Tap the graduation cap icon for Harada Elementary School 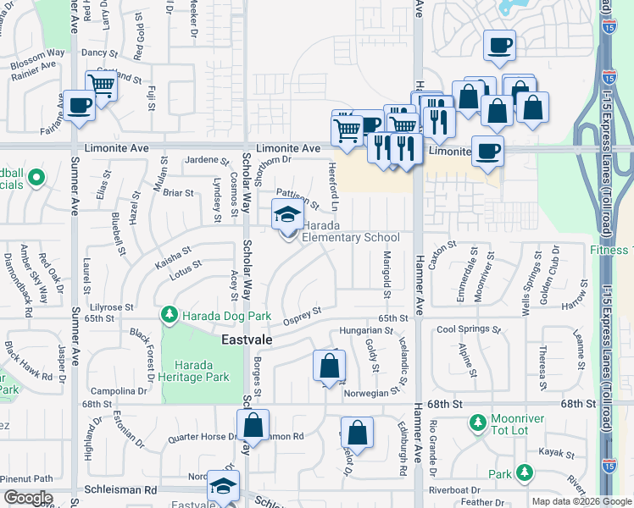pyautogui.click(x=287, y=215)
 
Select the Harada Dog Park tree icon pyautogui.click(x=170, y=317)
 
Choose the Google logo pyautogui.click(x=27, y=498)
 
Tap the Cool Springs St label pyautogui.click(x=465, y=329)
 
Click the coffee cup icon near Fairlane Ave pyautogui.click(x=80, y=107)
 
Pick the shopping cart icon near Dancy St pyautogui.click(x=102, y=85)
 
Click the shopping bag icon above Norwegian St pyautogui.click(x=329, y=367)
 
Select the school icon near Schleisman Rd pyautogui.click(x=224, y=486)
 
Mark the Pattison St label pyautogui.click(x=298, y=199)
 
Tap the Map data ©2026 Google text pyautogui.click(x=581, y=501)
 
